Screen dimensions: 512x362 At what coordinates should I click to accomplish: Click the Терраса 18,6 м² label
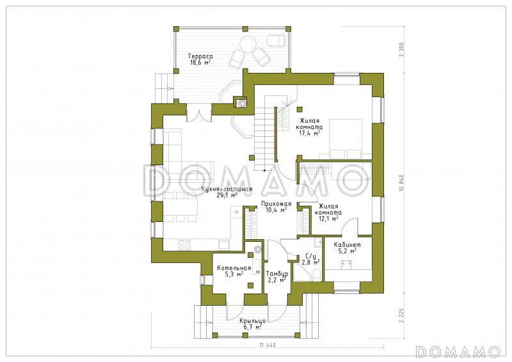[x=200, y=59]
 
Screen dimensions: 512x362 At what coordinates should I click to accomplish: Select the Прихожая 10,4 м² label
[x=276, y=207]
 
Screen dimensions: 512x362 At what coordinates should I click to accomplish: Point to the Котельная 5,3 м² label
[x=234, y=271]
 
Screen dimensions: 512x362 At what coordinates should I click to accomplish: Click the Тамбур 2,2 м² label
[x=277, y=276]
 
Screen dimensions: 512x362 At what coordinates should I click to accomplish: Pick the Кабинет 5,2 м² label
[x=347, y=248]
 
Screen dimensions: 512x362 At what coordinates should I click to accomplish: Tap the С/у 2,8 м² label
[x=310, y=259]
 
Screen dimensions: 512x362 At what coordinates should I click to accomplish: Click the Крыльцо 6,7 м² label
[x=252, y=324]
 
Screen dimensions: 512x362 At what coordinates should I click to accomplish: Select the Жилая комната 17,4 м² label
[x=310, y=127]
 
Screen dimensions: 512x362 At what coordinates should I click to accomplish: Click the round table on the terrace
[x=248, y=44]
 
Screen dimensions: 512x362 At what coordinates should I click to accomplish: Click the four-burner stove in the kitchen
[x=184, y=245]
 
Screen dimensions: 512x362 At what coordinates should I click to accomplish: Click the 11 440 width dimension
[x=268, y=345]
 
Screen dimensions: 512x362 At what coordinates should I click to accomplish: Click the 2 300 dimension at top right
[x=401, y=49]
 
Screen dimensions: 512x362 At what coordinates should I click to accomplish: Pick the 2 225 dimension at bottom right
[x=401, y=316]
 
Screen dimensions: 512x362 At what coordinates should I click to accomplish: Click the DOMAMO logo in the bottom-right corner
[x=458, y=351]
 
